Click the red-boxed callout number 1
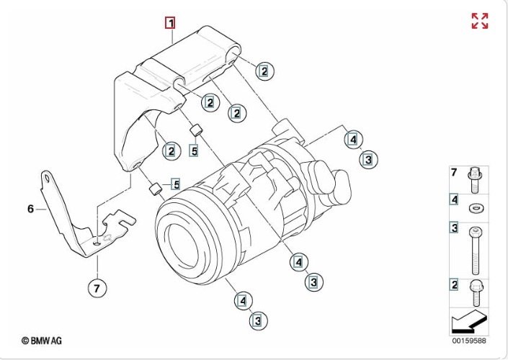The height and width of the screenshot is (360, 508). (170, 23)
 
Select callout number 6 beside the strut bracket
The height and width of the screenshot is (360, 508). (30, 209)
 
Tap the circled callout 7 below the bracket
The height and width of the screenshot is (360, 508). (97, 288)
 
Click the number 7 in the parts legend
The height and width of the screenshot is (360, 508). (454, 173)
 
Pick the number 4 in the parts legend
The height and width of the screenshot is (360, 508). (454, 199)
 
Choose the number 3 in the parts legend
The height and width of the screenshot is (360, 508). (454, 228)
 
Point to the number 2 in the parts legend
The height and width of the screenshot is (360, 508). (454, 284)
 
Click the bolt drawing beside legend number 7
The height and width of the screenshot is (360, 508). (475, 181)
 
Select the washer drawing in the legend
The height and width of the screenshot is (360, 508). (475, 207)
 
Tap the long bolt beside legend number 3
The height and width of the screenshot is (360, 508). (475, 251)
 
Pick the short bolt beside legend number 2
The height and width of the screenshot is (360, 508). (476, 293)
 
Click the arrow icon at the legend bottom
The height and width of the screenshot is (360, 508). (469, 321)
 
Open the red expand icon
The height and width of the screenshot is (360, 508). (479, 21)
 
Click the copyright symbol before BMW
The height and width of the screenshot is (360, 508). (25, 341)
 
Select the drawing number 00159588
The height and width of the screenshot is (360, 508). (469, 341)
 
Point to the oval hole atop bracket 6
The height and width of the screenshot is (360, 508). (47, 178)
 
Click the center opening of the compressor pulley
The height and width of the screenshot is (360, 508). (182, 246)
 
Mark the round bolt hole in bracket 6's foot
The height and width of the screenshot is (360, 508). (97, 243)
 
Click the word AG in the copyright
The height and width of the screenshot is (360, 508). (56, 341)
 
